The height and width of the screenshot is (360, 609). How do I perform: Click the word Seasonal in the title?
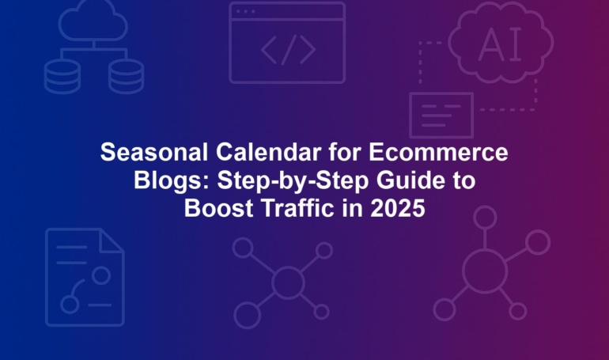[154, 152]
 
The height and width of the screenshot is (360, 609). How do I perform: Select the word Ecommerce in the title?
[438, 152]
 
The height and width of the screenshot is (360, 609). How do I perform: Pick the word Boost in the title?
[218, 208]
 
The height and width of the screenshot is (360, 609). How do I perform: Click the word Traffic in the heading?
[298, 208]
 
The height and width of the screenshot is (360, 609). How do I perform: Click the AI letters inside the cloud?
[500, 45]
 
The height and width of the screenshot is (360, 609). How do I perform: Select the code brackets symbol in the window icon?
[288, 50]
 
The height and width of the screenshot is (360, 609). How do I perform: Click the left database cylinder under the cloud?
[62, 77]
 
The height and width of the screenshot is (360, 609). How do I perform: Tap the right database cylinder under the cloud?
[127, 77]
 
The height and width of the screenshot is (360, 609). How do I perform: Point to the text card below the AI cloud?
[441, 116]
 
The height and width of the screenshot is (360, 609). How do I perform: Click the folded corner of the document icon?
[112, 241]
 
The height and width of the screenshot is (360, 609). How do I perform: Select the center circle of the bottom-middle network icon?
[288, 282]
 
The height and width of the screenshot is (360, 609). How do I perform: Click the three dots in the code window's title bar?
[245, 12]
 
